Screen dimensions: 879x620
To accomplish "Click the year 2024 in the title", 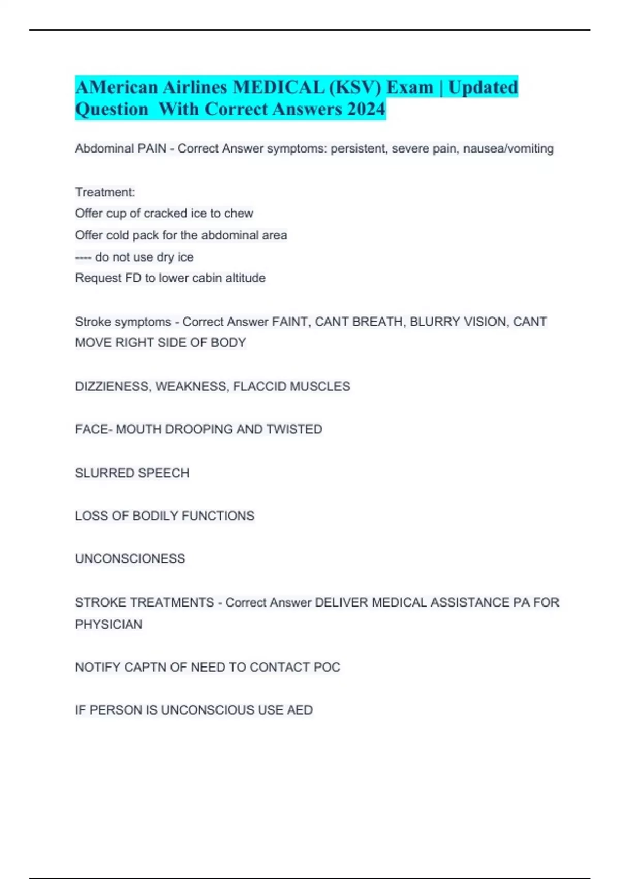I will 366,109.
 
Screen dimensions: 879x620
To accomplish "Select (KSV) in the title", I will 355,87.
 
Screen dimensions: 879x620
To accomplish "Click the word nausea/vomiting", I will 508,149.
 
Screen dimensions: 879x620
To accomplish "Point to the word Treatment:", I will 105,192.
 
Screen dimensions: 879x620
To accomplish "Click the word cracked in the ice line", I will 165,214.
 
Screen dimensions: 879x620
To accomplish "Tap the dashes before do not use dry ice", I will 83,257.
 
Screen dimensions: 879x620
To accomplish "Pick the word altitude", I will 245,278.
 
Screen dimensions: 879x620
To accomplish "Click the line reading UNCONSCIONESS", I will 130,559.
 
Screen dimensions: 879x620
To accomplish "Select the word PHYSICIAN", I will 109,625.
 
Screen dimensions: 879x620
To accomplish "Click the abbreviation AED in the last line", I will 300,710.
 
